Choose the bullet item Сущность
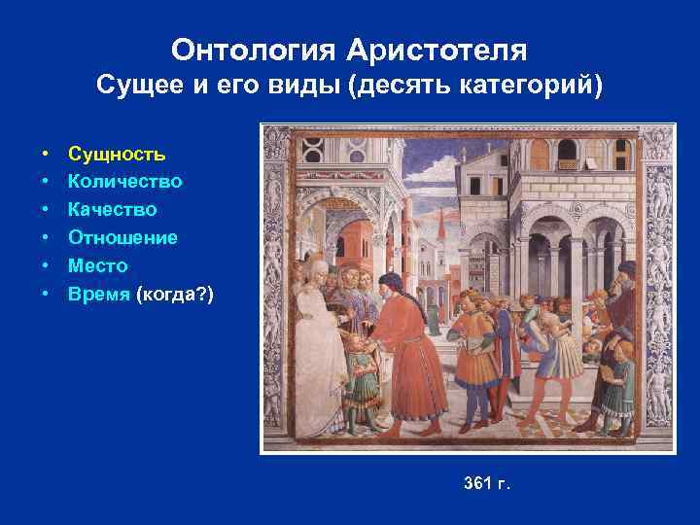117,154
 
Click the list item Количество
125,182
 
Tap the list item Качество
113,209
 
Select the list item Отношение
122,237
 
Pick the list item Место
98,265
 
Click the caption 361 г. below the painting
487,483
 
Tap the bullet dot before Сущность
46,154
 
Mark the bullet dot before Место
46,265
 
